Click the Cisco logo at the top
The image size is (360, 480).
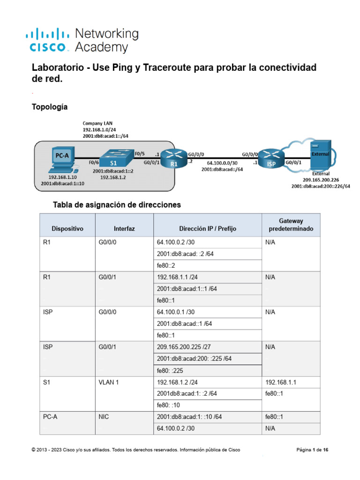click(49, 40)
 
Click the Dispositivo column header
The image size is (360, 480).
click(67, 229)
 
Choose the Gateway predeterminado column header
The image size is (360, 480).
click(291, 225)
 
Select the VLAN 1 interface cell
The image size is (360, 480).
click(109, 382)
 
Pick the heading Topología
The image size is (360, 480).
click(49, 107)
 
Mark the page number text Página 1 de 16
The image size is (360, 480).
click(312, 450)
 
